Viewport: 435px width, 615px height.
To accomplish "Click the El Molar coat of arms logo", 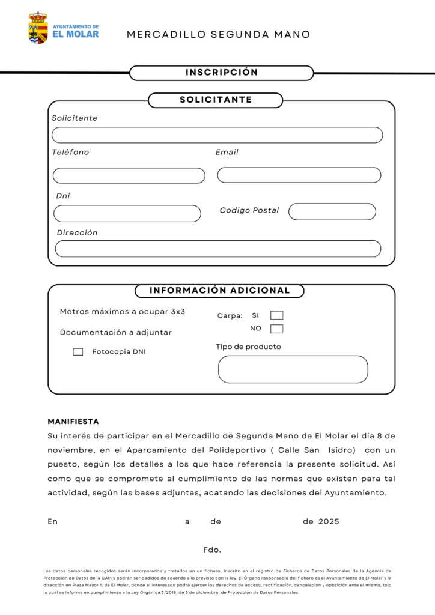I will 38,28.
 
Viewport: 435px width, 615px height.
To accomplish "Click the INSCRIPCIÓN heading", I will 222,73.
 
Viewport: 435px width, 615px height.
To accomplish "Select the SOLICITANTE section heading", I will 216,100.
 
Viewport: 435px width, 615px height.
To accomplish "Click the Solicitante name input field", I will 217,135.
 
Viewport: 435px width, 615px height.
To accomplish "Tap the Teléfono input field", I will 129,175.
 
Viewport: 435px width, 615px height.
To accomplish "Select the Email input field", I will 299,175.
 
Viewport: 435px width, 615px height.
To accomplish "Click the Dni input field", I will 127,213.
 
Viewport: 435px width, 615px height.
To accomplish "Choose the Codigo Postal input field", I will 332,211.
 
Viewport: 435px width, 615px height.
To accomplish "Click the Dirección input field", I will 218,249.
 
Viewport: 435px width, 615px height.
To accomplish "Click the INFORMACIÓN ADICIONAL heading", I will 219,291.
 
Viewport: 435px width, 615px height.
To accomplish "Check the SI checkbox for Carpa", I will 276,315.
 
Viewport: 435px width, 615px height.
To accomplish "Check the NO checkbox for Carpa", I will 276,329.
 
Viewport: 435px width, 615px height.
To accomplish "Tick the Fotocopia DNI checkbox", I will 78,352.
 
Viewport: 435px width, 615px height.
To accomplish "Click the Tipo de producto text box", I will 293,369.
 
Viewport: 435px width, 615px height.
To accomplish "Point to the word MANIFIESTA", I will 73,422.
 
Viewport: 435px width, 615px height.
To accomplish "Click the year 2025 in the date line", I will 329,521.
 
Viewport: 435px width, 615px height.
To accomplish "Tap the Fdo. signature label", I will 212,550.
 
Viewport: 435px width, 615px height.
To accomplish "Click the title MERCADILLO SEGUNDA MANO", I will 219,35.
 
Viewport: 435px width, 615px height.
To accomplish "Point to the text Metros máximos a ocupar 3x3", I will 123,312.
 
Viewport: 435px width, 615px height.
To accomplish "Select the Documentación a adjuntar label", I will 116,332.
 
